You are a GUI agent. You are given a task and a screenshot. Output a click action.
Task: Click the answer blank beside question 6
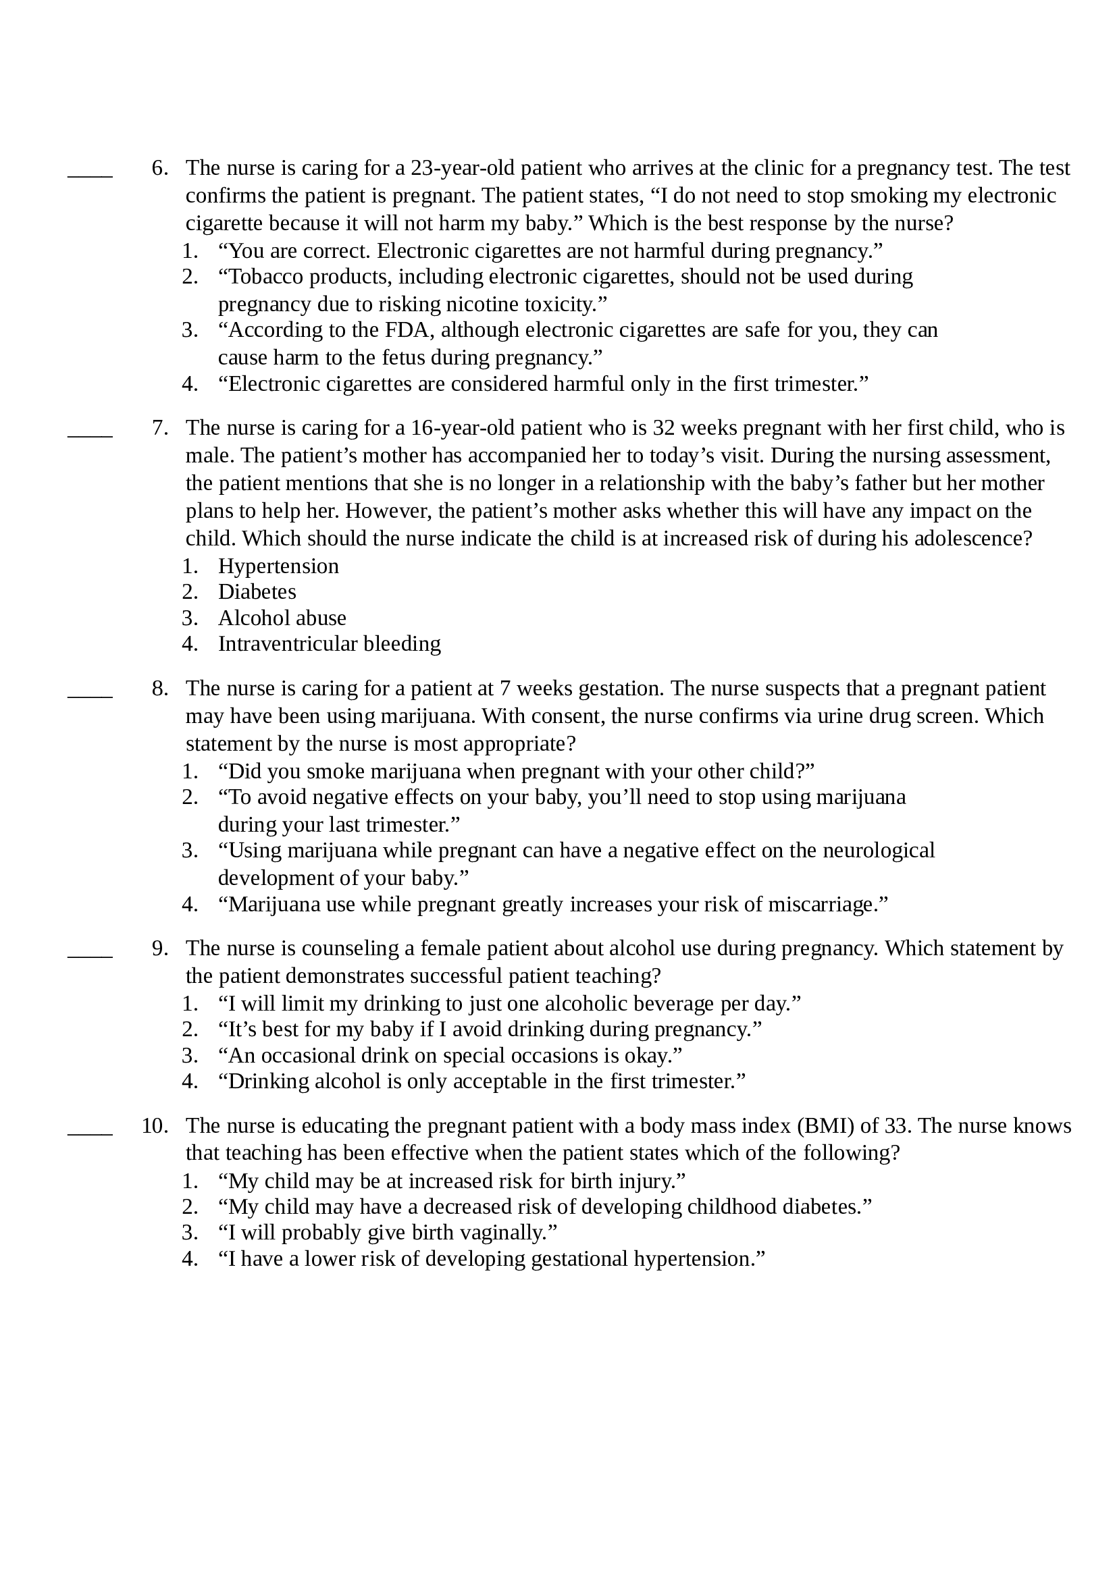(89, 174)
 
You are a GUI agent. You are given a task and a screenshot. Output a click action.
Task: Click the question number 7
(159, 428)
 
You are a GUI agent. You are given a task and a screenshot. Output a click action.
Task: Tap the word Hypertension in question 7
(278, 566)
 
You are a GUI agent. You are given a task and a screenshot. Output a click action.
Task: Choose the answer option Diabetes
(257, 592)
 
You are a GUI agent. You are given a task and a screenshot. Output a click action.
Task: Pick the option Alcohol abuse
(282, 618)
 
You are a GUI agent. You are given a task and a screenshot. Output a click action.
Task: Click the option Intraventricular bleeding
(329, 644)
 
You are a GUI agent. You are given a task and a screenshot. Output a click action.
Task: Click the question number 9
(159, 948)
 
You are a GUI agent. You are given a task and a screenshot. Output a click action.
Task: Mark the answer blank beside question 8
(89, 695)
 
